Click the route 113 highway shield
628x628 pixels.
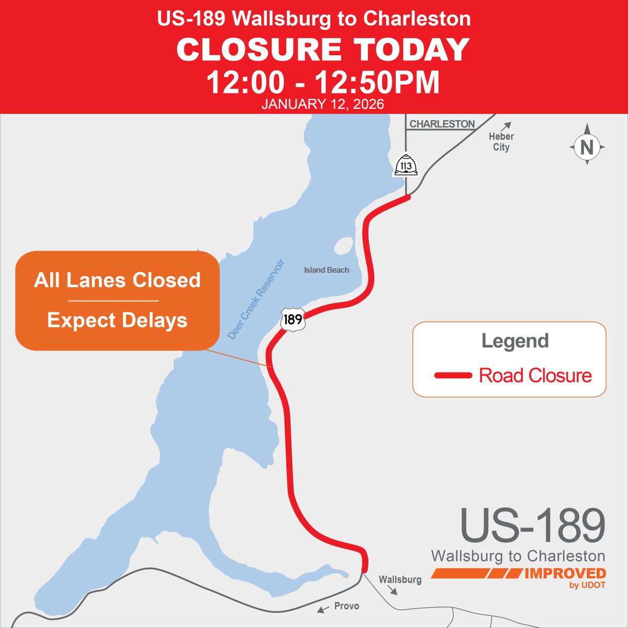point(406,166)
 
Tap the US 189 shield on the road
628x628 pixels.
point(292,318)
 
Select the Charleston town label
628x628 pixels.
point(442,124)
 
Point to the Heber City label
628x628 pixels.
point(501,141)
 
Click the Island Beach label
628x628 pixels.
point(327,270)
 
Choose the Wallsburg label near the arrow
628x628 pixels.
point(400,579)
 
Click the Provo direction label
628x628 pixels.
point(346,605)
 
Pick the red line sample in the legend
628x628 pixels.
point(453,375)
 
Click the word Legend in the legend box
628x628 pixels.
point(515,341)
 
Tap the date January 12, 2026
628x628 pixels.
point(323,104)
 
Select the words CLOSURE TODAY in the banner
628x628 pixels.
point(323,50)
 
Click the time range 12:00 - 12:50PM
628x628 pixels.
point(323,82)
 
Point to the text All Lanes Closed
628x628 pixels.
point(117,280)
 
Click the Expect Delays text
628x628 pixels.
point(117,320)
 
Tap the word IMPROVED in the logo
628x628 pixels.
point(565,574)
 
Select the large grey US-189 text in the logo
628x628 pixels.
point(532,525)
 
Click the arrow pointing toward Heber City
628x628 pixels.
point(506,126)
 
